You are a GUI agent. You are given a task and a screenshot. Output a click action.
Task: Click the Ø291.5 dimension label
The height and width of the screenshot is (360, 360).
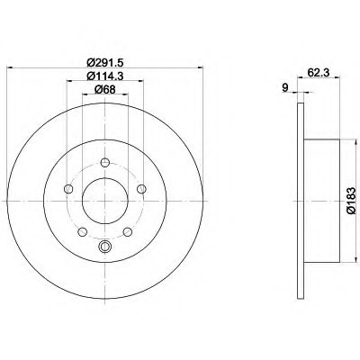point(105,63)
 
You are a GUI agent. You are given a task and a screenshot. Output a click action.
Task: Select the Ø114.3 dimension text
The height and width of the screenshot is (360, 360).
point(105,76)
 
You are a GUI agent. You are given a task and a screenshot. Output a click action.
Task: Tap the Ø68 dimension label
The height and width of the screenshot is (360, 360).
point(105,89)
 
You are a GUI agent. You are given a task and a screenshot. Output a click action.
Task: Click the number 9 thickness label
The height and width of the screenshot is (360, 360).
point(285,87)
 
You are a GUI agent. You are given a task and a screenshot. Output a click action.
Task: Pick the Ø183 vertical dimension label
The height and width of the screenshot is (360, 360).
point(351,201)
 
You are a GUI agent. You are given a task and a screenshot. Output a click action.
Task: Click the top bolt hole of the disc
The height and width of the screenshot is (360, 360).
point(105,163)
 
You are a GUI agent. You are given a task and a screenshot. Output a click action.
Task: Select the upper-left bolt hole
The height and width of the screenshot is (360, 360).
point(68,189)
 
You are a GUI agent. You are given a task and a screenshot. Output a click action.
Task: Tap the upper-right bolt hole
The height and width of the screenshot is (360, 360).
point(141,189)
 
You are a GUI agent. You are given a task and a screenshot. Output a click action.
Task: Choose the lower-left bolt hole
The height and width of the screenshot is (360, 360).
point(83,232)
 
